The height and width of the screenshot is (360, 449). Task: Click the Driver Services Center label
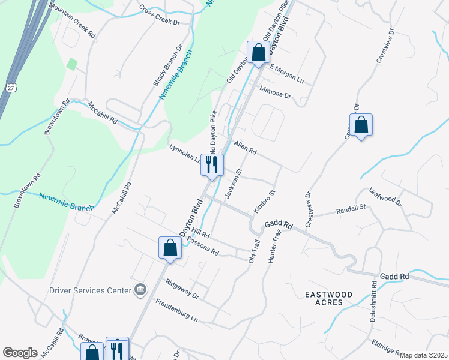pyautogui.click(x=90, y=290)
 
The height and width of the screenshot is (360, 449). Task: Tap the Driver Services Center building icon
pyautogui.click(x=140, y=290)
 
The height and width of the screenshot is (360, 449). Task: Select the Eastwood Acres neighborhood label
pyautogui.click(x=332, y=298)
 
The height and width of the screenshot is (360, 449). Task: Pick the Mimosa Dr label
pyautogui.click(x=275, y=92)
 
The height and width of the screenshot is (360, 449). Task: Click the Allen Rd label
pyautogui.click(x=245, y=148)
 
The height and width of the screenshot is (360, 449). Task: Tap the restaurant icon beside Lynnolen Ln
pyautogui.click(x=212, y=164)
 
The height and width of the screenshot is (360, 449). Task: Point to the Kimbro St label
pyautogui.click(x=264, y=202)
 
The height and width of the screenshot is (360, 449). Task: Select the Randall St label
pyautogui.click(x=351, y=209)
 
